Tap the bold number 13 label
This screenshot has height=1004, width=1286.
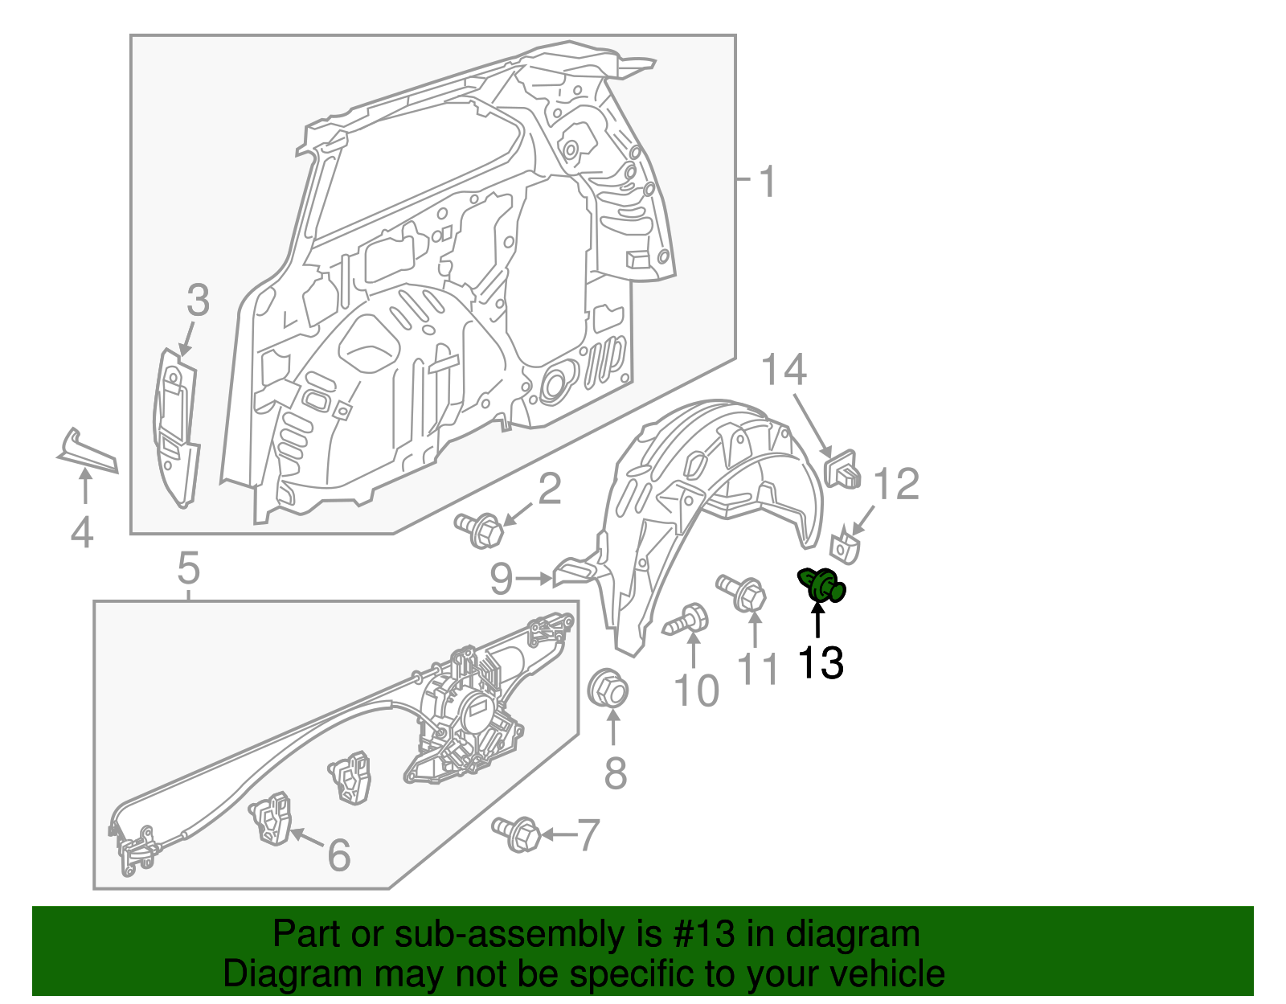[x=820, y=664]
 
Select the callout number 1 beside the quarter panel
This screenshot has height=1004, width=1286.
[x=768, y=182]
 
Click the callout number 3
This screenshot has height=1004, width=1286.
[x=198, y=301]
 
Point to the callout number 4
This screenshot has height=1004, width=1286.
[x=82, y=533]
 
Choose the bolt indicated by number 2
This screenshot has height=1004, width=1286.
[x=481, y=530]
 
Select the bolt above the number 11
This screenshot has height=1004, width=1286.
[x=743, y=593]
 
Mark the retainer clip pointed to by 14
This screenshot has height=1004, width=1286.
[x=843, y=469]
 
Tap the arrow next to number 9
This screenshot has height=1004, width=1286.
[x=534, y=578]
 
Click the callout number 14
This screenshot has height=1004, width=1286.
[x=783, y=371]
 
